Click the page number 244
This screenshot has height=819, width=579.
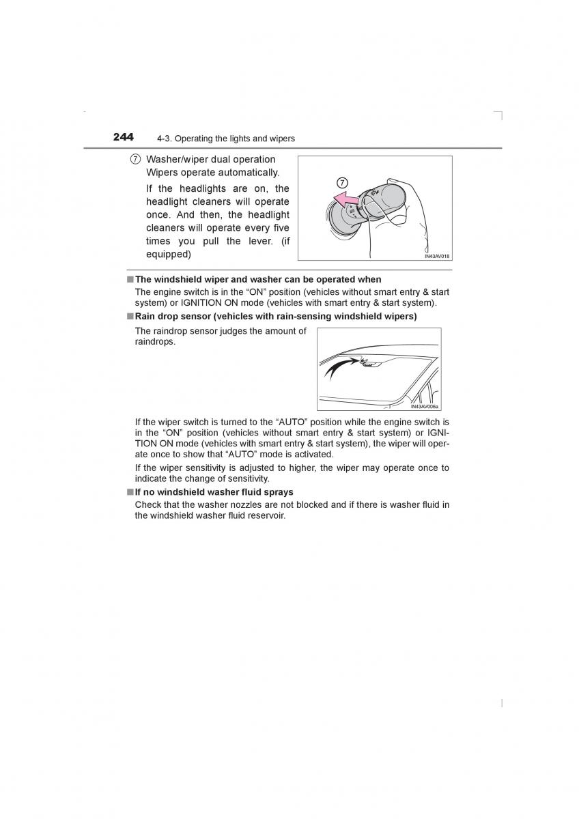123,137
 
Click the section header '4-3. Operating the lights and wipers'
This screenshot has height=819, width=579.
225,139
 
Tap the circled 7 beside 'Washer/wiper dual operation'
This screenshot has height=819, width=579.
136,160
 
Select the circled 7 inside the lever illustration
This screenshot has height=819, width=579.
342,182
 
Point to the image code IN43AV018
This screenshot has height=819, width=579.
437,256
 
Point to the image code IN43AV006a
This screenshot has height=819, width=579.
425,406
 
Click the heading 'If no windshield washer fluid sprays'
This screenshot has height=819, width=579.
214,492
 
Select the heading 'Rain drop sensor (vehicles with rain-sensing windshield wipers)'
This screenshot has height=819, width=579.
275,317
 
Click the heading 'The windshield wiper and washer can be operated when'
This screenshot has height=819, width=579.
258,279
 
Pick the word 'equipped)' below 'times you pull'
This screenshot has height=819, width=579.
168,254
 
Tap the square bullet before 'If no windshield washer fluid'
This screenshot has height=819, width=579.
129,492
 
